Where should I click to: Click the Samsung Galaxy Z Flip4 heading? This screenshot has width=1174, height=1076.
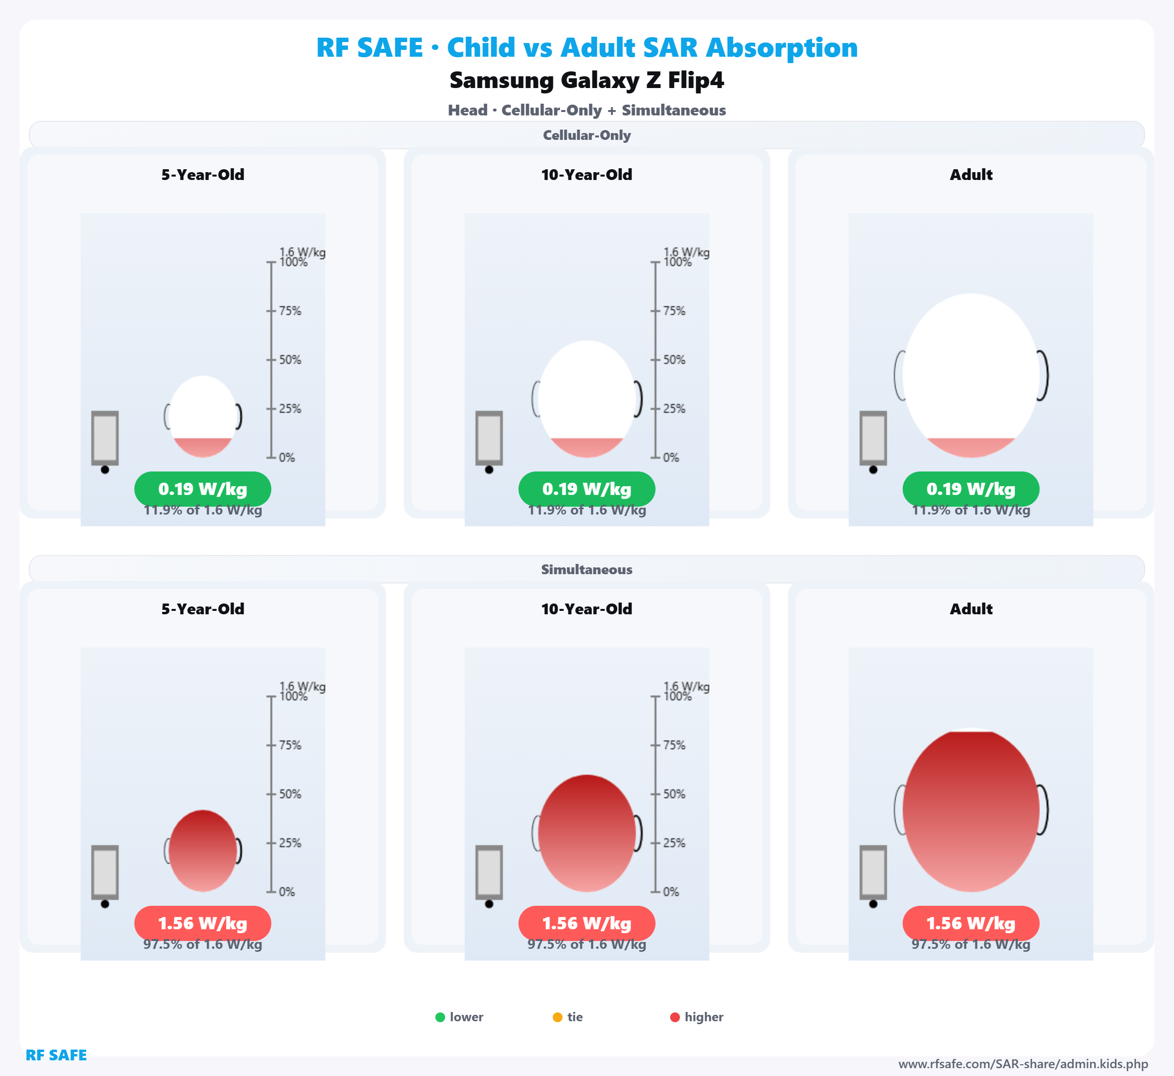tap(587, 80)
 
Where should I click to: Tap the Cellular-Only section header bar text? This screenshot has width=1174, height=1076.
tap(587, 135)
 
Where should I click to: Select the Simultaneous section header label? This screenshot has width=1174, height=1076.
tap(587, 569)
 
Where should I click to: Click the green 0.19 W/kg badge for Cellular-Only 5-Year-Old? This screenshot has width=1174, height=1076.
tap(203, 489)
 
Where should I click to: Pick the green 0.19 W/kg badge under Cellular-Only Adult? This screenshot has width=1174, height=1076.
tap(971, 489)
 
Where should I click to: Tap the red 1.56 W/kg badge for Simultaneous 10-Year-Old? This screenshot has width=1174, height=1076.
tap(587, 923)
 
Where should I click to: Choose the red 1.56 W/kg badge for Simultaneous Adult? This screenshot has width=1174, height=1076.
tap(971, 923)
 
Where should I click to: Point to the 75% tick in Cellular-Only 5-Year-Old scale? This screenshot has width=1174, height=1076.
tap(271, 311)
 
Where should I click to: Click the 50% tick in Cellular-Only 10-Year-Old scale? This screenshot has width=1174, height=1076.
tap(655, 360)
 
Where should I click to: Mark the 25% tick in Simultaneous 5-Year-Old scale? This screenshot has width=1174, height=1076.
tap(271, 843)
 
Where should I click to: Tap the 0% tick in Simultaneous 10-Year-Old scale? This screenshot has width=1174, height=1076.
tap(655, 892)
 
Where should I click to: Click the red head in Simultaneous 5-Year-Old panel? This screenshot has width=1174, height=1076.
tap(203, 851)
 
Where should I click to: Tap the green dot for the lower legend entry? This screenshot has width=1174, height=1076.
tap(440, 1017)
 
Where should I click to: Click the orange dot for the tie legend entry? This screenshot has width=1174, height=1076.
tap(557, 1017)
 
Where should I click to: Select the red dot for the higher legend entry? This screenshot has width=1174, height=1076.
tap(675, 1017)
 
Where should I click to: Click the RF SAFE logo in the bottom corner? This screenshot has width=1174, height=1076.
tap(56, 1055)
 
